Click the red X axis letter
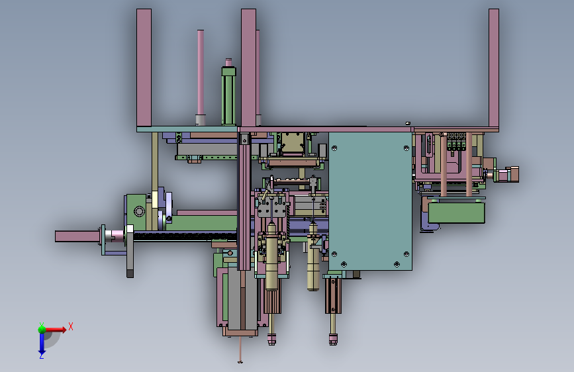(71, 326)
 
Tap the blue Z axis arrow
(42, 342)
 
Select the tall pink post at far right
(494, 68)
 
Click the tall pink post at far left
(144, 68)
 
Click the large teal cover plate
(370, 201)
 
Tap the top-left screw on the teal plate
(334, 148)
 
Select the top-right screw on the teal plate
(407, 148)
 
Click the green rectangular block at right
(457, 212)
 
